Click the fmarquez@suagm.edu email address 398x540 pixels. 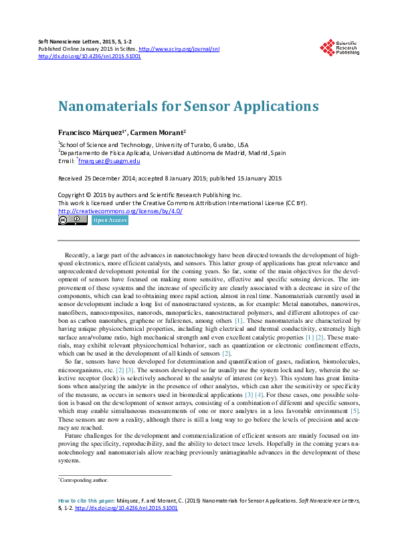pyautogui.click(x=110, y=161)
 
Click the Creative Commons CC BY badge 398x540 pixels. pyautogui.click(x=72, y=220)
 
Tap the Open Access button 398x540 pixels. pyautogui.click(x=110, y=220)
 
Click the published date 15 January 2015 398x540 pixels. pyautogui.click(x=252, y=178)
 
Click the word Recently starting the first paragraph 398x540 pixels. pyautogui.click(x=78, y=256)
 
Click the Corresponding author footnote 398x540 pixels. pyautogui.click(x=84, y=480)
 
